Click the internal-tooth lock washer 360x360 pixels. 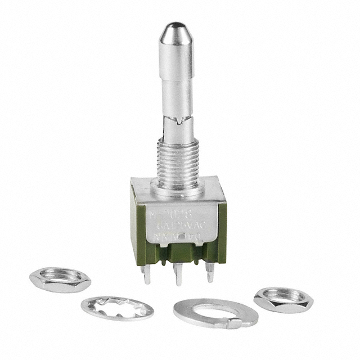click(117, 308)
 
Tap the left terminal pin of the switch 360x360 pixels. click(146, 274)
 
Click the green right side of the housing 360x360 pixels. click(222, 225)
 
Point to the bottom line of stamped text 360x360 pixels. click(179, 238)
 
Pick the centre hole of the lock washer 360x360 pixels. click(117, 308)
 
